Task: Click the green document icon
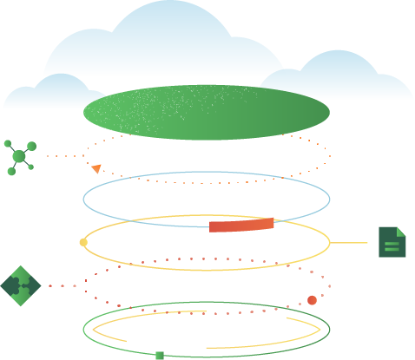click(x=392, y=242)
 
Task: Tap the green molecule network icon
click(x=19, y=156)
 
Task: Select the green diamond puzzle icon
click(x=20, y=285)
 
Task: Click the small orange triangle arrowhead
click(x=96, y=168)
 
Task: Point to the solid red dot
click(x=312, y=300)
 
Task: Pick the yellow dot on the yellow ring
click(x=83, y=242)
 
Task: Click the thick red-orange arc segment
click(x=241, y=226)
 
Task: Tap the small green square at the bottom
click(x=159, y=356)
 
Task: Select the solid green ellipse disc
click(x=207, y=112)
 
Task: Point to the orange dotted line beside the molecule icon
click(x=63, y=156)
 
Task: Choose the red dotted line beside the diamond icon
click(x=63, y=285)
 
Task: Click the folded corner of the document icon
click(x=401, y=232)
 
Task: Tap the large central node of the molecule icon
click(x=19, y=157)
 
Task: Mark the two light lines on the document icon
click(x=392, y=245)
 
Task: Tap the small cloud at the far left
click(x=43, y=94)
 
